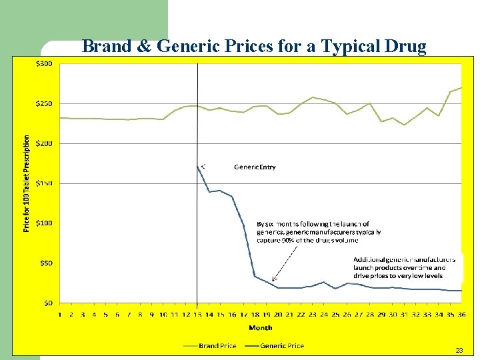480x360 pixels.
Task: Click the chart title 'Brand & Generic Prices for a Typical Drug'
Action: coord(253,46)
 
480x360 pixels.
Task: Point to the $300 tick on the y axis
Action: coord(45,64)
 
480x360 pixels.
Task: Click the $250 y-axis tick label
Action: coord(45,104)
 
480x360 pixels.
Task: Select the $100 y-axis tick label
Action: coord(45,223)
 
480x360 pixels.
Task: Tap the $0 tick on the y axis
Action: coord(49,303)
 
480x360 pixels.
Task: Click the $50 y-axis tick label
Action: coord(47,263)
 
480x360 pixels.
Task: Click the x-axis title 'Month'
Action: coord(260,327)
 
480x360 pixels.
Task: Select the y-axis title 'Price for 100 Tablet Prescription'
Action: coord(27,183)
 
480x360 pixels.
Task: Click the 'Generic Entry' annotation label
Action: coord(255,167)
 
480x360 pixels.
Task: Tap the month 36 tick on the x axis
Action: coord(461,314)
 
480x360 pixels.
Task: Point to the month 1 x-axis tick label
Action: coord(60,314)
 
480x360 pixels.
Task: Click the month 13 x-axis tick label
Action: coord(197,314)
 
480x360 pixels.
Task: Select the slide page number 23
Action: coord(459,350)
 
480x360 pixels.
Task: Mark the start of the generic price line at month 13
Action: coord(197,166)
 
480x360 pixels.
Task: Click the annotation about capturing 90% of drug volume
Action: coord(319,232)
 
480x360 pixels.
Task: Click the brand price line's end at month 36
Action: coord(461,87)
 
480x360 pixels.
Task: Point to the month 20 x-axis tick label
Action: coord(278,314)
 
